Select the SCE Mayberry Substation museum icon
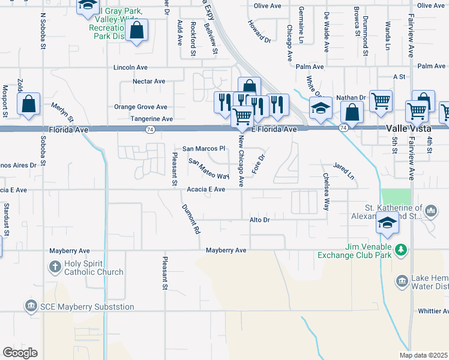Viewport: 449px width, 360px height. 30,306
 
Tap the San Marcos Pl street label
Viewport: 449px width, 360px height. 203,148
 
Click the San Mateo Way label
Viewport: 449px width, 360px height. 209,169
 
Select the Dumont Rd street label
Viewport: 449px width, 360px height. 190,218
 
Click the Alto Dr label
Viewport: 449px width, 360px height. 261,220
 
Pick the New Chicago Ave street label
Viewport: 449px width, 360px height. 241,161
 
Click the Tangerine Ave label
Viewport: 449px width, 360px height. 152,119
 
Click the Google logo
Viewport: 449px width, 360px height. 20,353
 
